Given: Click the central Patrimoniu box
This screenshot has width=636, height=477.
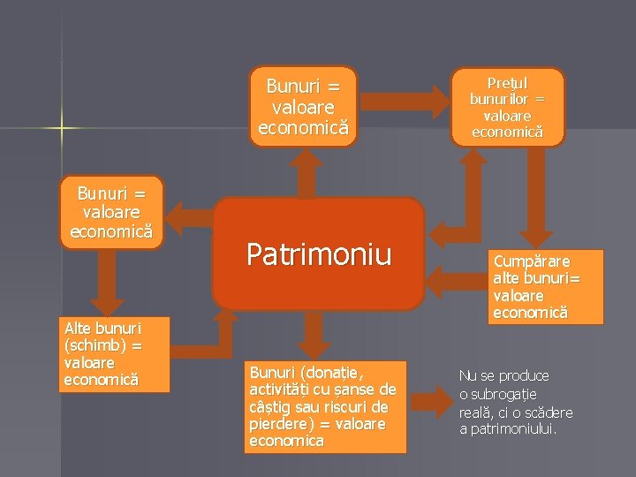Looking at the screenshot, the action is coord(318,254).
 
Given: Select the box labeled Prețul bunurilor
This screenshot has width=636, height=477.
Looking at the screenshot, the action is coord(507,107).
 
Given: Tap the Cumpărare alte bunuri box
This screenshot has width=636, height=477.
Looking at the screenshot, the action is coord(546,287).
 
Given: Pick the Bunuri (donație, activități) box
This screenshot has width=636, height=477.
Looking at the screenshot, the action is coord(324,405).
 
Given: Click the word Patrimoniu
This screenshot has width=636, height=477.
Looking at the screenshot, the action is coord(318,254).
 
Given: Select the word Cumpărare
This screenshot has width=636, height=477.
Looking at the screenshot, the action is coord(532,262).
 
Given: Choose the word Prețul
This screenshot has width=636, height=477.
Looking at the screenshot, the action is coord(507,84).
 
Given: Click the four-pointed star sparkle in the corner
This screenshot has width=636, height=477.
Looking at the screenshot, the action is coord(61,128).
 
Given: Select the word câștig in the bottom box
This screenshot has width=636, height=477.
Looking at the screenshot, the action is coord(272,406).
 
